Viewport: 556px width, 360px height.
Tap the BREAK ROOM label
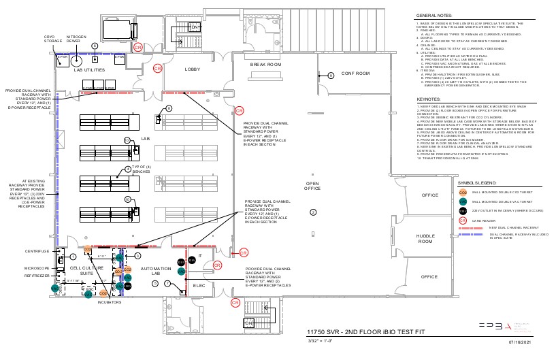tap(265, 65)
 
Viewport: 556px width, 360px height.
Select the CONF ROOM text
tap(355, 73)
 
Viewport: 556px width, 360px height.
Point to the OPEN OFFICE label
tap(312, 186)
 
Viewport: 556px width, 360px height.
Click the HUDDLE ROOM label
tap(425, 238)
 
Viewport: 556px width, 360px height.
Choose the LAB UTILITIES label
tap(89, 70)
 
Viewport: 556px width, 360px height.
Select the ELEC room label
tap(199, 285)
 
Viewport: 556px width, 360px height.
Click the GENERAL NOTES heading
tap(436, 15)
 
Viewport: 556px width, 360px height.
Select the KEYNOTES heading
tap(429, 99)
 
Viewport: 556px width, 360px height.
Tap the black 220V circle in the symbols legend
tap(463, 211)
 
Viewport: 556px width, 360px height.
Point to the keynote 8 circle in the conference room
tap(330, 76)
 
